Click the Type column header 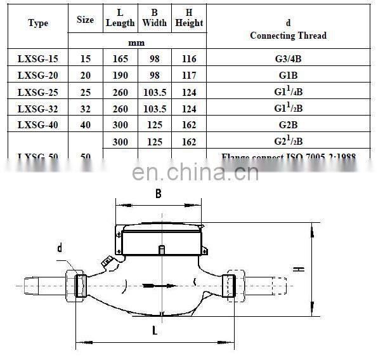point(38,23)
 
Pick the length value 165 point(120,58)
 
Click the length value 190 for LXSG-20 point(120,75)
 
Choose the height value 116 point(189,58)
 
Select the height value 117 point(189,75)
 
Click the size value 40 point(85,124)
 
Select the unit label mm point(136,43)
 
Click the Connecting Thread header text point(288,36)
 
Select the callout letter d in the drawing point(60,248)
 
